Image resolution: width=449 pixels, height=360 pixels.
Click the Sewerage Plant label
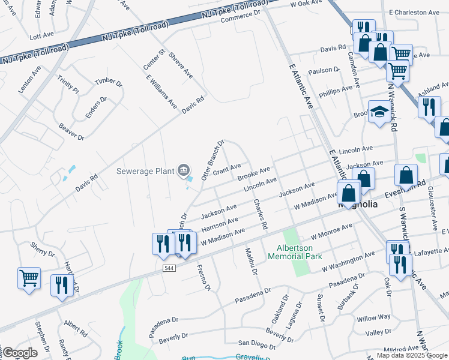145,171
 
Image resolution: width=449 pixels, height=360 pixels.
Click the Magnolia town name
358,204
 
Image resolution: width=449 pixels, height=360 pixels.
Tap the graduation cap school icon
379,112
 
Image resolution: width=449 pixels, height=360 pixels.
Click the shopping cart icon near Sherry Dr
29,278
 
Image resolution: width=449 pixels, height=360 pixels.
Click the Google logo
19,353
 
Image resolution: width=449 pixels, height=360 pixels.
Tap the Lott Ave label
41,37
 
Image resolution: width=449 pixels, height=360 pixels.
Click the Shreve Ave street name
181,65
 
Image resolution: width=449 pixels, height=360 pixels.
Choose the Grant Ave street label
227,170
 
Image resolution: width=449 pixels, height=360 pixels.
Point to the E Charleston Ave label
414,12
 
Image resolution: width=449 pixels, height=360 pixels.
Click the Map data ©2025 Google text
412,355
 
